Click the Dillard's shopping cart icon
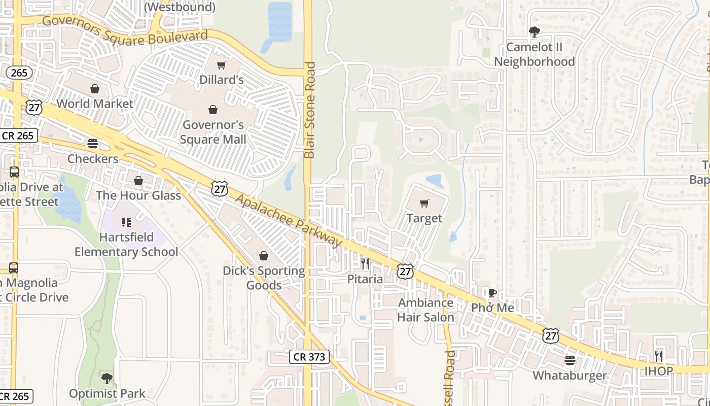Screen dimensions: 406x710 click(x=221, y=65)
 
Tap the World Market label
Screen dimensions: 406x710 click(x=95, y=104)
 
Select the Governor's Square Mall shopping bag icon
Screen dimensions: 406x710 click(x=213, y=110)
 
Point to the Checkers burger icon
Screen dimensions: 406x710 click(x=92, y=143)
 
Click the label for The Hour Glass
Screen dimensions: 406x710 click(x=138, y=195)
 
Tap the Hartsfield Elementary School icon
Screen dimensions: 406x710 click(x=126, y=222)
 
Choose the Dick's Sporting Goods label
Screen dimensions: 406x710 click(x=264, y=278)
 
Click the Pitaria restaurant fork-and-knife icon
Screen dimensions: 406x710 click(x=365, y=264)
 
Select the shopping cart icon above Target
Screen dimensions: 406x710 click(x=424, y=204)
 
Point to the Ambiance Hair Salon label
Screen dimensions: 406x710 click(x=425, y=310)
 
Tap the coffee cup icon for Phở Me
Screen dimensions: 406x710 click(x=492, y=293)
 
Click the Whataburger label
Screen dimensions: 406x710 click(x=570, y=376)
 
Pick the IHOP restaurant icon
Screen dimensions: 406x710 click(x=659, y=356)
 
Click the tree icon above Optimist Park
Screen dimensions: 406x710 click(x=106, y=378)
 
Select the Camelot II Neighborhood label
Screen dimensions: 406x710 click(x=535, y=54)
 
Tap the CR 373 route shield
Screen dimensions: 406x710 click(x=310, y=357)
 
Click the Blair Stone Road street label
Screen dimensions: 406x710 click(x=309, y=110)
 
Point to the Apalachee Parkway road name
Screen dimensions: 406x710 click(x=289, y=221)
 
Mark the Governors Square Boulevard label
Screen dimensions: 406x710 click(x=125, y=30)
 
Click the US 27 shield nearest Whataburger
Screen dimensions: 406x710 click(x=551, y=335)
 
